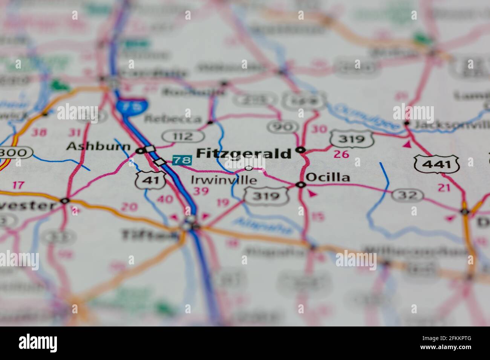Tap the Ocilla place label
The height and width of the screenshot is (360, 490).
[x=328, y=177]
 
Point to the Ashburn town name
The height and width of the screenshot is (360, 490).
[x=98, y=146]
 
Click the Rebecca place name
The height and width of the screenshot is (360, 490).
[x=173, y=119]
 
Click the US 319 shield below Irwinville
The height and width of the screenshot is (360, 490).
[x=267, y=196]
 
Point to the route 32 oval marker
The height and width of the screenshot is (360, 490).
[x=407, y=195]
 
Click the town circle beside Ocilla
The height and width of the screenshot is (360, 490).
[x=300, y=185]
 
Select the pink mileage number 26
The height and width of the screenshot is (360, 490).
[x=341, y=154]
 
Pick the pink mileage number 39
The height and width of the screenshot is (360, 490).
[x=200, y=191]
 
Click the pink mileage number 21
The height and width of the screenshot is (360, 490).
[x=445, y=187]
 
